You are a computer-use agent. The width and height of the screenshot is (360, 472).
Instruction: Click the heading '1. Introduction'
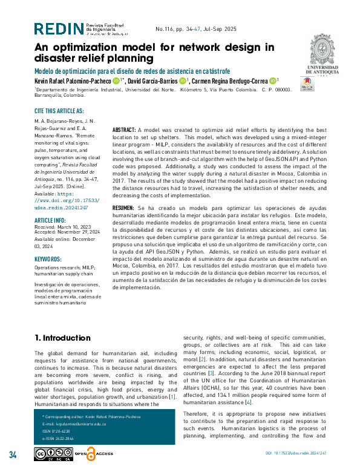point(62,337)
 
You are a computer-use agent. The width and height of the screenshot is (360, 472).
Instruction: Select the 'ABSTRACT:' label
point(125,130)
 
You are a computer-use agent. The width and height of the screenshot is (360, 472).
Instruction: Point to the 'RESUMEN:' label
point(125,207)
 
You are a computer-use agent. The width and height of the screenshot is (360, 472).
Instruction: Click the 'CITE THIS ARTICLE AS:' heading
point(59,111)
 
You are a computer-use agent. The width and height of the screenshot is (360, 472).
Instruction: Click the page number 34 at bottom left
point(13,454)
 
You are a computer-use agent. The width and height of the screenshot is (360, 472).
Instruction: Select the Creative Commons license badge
point(53,454)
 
